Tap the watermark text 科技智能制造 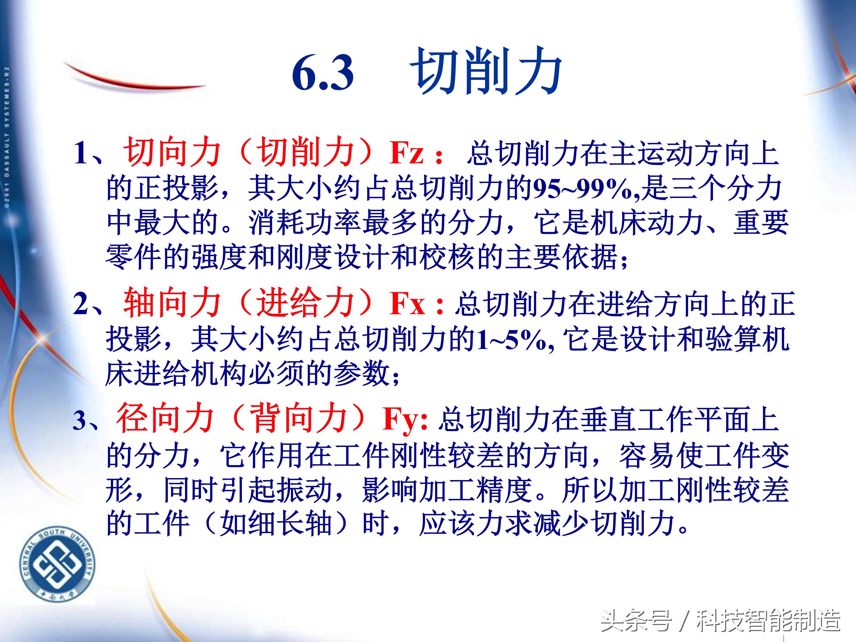click(768, 621)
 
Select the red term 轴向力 click(172, 303)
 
